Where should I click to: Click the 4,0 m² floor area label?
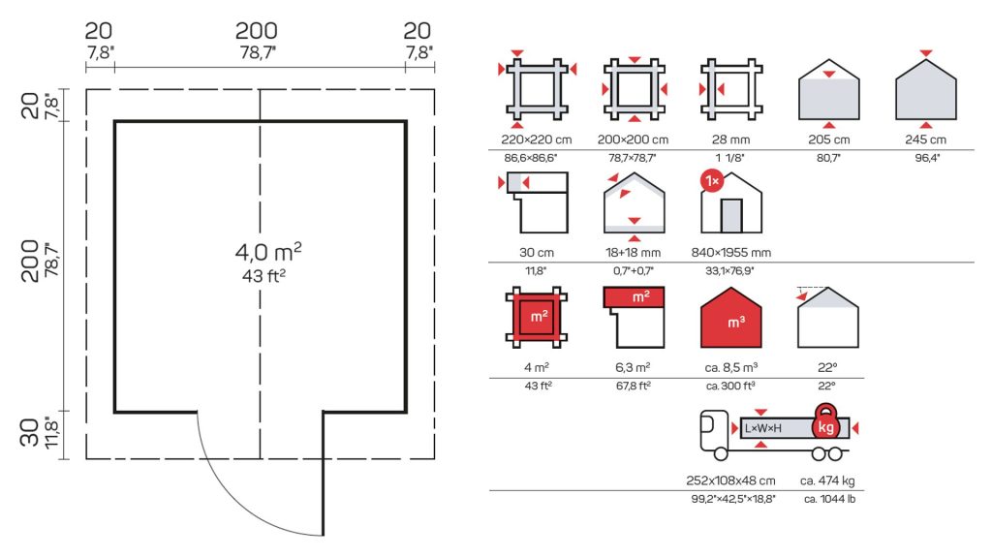[268, 251]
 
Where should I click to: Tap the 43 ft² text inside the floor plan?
[263, 276]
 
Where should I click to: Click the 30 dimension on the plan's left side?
[30, 433]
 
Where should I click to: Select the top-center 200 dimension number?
[256, 30]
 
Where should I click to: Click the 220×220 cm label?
[537, 139]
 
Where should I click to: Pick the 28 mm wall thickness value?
[730, 139]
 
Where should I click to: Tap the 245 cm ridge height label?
[925, 139]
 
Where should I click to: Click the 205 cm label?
[829, 139]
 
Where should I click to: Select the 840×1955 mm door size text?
[731, 253]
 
